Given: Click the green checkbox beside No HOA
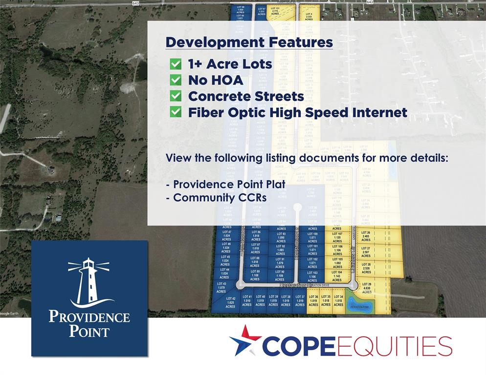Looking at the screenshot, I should [x=175, y=80].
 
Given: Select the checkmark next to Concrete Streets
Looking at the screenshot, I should [x=175, y=96].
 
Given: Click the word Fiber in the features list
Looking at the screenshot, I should [x=204, y=112].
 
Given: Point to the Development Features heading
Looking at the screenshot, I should [x=249, y=42].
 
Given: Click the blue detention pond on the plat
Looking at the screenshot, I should [x=360, y=307].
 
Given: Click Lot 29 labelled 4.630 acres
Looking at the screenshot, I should [x=367, y=288].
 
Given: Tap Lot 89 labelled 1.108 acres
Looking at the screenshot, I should [x=255, y=275].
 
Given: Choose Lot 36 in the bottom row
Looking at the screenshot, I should [x=313, y=300].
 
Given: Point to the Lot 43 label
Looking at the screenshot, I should [x=221, y=287].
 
